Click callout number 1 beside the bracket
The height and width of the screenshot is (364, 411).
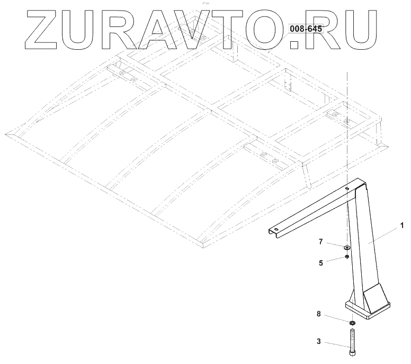click(402, 226)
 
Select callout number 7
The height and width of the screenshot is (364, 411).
click(321, 242)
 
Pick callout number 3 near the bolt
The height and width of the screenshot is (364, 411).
click(318, 342)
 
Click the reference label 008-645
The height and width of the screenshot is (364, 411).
click(306, 29)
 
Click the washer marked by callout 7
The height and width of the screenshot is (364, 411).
click(346, 247)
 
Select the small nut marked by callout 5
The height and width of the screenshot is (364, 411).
click(346, 257)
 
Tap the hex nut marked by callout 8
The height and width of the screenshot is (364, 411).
click(351, 322)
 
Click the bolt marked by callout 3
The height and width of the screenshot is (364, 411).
click(351, 339)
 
